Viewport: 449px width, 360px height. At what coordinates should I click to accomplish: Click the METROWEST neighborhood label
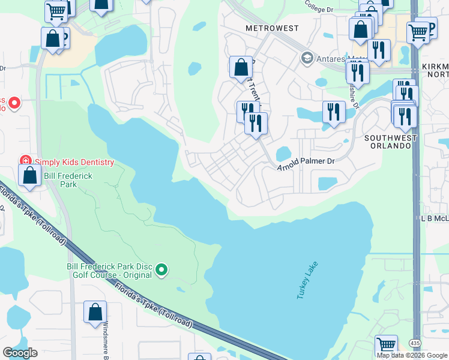(268, 28)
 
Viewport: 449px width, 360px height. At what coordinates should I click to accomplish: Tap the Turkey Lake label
(305, 280)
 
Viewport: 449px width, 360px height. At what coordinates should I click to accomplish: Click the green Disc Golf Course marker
(161, 271)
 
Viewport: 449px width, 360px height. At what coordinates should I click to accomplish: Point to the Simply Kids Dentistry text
(74, 162)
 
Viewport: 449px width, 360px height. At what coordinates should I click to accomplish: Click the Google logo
(20, 353)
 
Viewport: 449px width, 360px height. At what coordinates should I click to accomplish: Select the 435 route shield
(415, 343)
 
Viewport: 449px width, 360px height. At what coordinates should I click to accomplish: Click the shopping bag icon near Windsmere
(95, 312)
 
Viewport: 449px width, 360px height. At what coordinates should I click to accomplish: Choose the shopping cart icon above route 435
(386, 345)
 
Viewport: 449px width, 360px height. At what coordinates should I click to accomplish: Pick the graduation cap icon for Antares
(307, 58)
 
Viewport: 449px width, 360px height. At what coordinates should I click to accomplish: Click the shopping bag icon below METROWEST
(241, 67)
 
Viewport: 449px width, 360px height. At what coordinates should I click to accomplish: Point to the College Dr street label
(318, 10)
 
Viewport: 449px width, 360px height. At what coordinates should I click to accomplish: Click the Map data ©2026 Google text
(412, 355)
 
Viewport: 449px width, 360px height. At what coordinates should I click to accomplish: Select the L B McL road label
(435, 219)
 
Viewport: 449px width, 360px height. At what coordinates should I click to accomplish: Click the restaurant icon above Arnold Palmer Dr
(256, 124)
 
